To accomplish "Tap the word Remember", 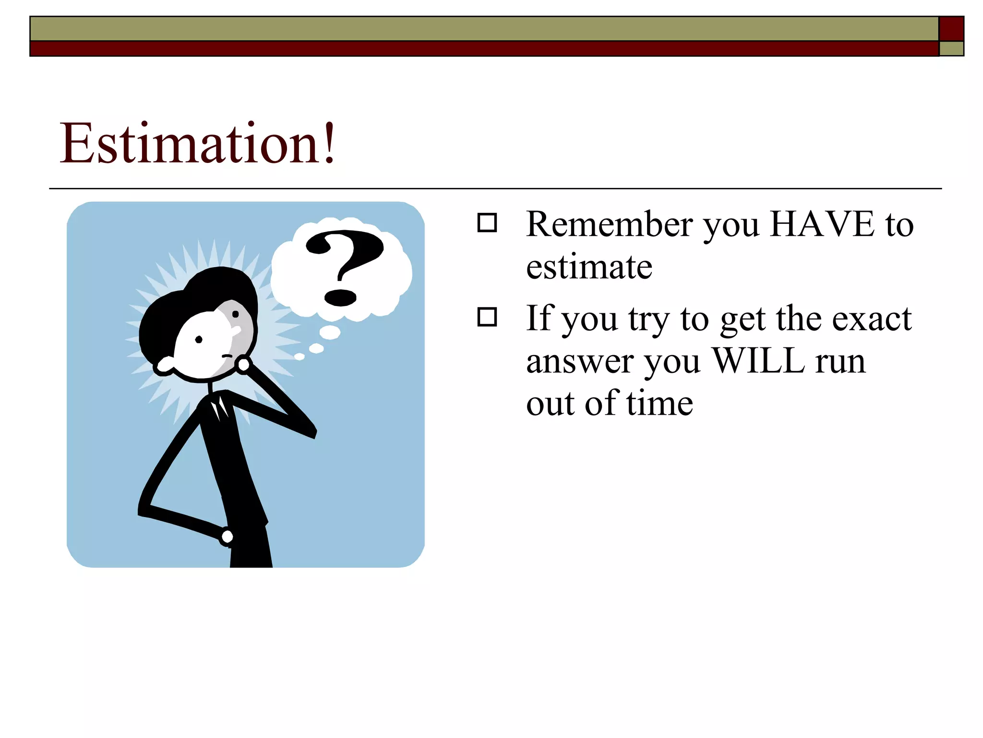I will [610, 224].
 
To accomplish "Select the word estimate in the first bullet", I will [589, 267].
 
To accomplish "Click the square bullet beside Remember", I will [487, 223].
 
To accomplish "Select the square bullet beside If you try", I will [487, 317].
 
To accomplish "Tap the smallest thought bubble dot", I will [299, 357].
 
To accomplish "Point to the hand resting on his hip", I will [227, 536].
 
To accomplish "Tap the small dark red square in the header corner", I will [951, 29].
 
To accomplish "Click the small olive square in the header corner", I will [951, 49].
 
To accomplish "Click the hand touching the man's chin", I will [243, 365].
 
